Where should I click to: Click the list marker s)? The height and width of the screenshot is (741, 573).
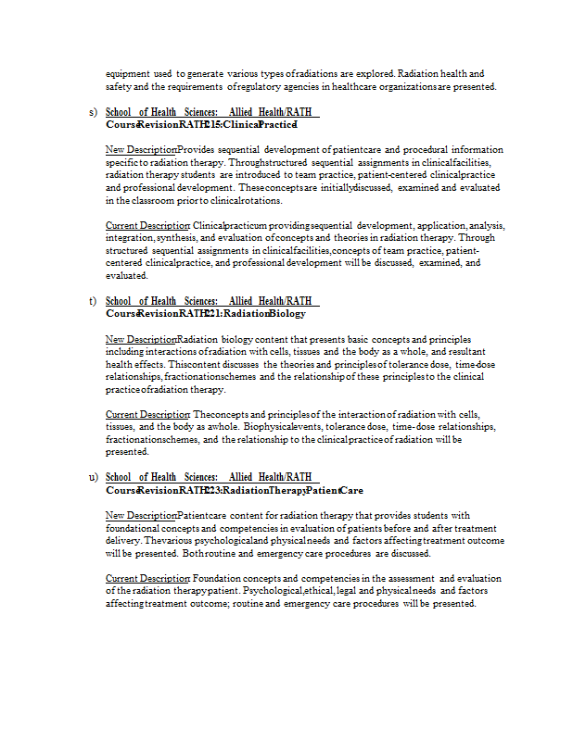93,112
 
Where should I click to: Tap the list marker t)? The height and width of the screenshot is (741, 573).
93,300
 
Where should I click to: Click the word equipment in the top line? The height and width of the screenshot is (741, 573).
127,73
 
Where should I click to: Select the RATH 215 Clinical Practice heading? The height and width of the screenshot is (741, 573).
201,124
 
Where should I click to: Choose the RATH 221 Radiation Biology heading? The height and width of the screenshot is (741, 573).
206,313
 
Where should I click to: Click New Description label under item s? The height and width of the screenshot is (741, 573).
141,149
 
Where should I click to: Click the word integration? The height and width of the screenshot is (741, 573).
129,238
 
